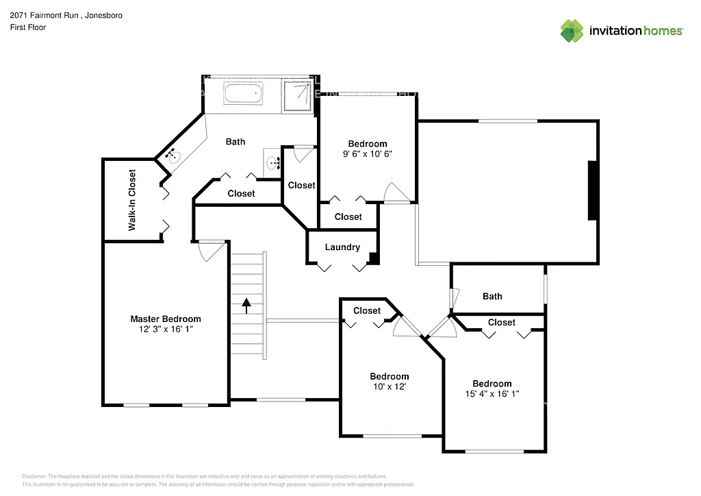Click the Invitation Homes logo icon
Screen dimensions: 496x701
[572, 31]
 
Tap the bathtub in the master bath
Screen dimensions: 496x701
[244, 94]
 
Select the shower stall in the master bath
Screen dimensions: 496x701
[298, 95]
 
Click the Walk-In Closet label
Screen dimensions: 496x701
[132, 199]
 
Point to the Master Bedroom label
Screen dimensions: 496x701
[166, 319]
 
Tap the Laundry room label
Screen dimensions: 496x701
[342, 247]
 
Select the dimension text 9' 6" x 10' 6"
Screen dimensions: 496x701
[368, 153]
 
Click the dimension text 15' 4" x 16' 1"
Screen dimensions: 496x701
[492, 393]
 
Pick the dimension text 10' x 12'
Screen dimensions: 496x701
[389, 386]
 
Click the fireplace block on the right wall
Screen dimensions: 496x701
[592, 190]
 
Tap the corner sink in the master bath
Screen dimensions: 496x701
[173, 156]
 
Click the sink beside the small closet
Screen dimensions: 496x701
[274, 163]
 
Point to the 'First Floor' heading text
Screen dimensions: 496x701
[28, 27]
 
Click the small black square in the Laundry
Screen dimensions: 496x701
[373, 258]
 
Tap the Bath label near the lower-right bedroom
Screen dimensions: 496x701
[492, 296]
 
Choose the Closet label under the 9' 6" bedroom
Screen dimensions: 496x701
[348, 216]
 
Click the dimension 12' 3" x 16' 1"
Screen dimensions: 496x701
[166, 329]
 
